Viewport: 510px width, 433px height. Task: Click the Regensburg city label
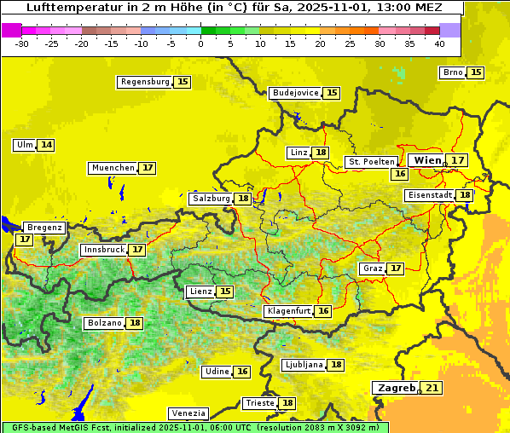[x=144, y=82]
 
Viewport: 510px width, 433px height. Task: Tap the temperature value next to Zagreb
[x=432, y=388]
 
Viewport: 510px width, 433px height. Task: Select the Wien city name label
[x=427, y=160]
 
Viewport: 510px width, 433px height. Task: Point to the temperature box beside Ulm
[x=46, y=145]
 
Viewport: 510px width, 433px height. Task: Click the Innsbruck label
[x=103, y=250]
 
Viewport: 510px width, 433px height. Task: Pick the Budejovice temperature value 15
[x=332, y=93]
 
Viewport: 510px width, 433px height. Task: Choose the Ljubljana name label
[x=303, y=365]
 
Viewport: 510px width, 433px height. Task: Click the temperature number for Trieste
[x=287, y=403]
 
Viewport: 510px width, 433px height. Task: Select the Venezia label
[x=188, y=413]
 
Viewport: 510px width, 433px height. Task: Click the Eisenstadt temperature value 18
[x=464, y=195]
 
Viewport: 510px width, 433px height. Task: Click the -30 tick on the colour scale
[x=22, y=43]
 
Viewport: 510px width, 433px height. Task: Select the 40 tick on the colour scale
[x=439, y=43]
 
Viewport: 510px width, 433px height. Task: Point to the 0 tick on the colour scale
[x=200, y=43]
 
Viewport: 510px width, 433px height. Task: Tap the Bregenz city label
[x=44, y=228]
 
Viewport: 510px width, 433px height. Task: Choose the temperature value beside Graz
[x=396, y=268]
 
